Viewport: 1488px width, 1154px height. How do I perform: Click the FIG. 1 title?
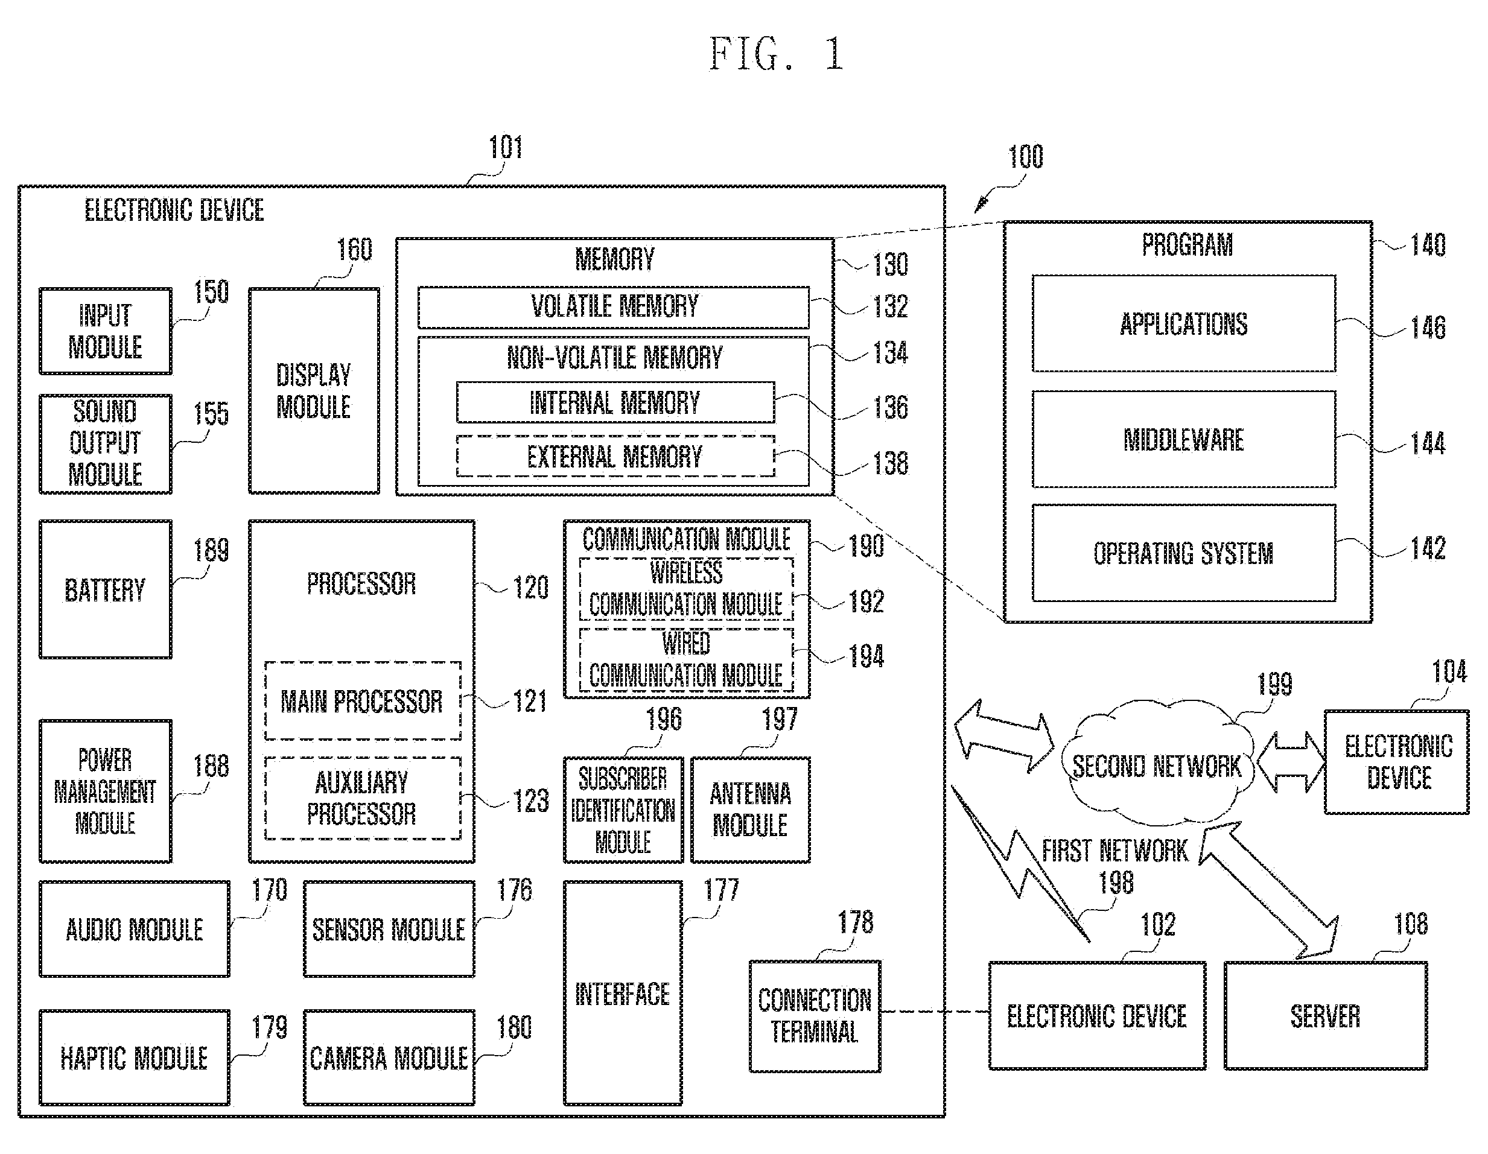coord(777,54)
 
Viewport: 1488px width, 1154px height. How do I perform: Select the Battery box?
coord(106,589)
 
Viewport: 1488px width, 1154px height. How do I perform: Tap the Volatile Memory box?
coord(613,307)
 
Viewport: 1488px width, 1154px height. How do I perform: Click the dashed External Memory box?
coord(615,455)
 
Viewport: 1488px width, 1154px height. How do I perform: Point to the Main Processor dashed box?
coord(363,700)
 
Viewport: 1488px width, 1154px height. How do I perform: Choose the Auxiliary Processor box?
coord(363,797)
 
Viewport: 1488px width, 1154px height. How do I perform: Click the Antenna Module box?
coord(750,810)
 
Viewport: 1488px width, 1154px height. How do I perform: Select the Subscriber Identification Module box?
coord(623,810)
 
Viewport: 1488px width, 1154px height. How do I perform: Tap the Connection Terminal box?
coord(815,1016)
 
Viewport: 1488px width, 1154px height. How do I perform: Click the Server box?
coord(1325,1016)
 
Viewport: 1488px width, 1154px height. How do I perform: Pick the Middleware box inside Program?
coord(1183,439)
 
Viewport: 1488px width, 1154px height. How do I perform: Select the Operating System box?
coord(1183,553)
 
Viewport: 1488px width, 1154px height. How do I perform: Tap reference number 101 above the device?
coord(506,147)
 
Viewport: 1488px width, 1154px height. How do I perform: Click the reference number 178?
coord(855,922)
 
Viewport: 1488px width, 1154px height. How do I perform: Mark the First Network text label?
coord(1114,850)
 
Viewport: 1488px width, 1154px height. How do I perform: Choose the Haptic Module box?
coord(134,1057)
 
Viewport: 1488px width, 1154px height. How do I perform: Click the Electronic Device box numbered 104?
coord(1397,762)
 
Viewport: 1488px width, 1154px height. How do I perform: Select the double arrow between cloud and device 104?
coord(1289,762)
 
